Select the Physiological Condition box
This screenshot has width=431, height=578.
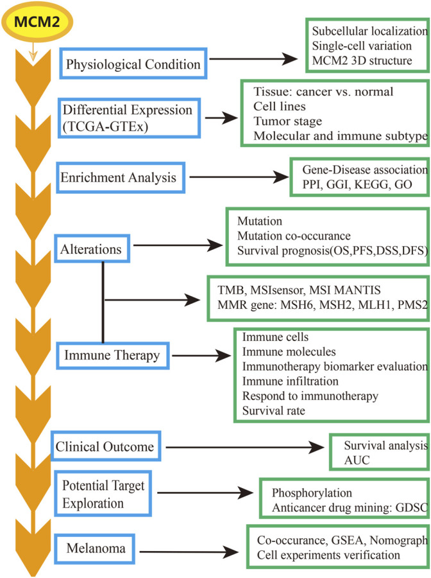click(x=131, y=64)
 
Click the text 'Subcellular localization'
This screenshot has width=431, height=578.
click(x=369, y=31)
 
